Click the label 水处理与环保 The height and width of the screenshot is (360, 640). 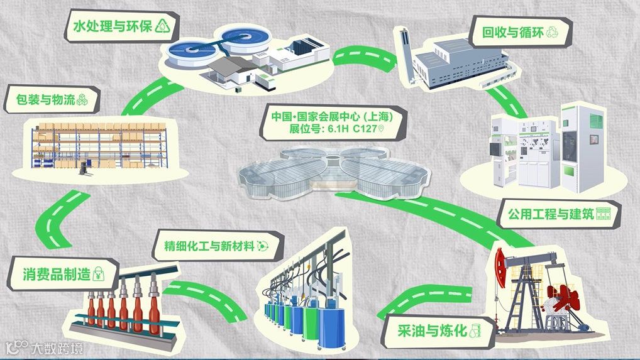pos(113,27)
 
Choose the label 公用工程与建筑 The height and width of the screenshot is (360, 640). pos(544,214)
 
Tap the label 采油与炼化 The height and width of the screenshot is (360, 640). pos(432,330)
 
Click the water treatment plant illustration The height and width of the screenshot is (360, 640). pos(248,57)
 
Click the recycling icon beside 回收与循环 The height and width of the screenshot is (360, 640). pos(553,31)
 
